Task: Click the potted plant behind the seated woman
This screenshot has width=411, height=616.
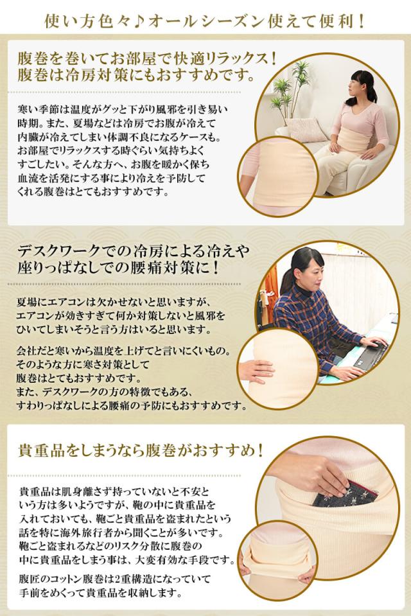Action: (296, 90)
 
